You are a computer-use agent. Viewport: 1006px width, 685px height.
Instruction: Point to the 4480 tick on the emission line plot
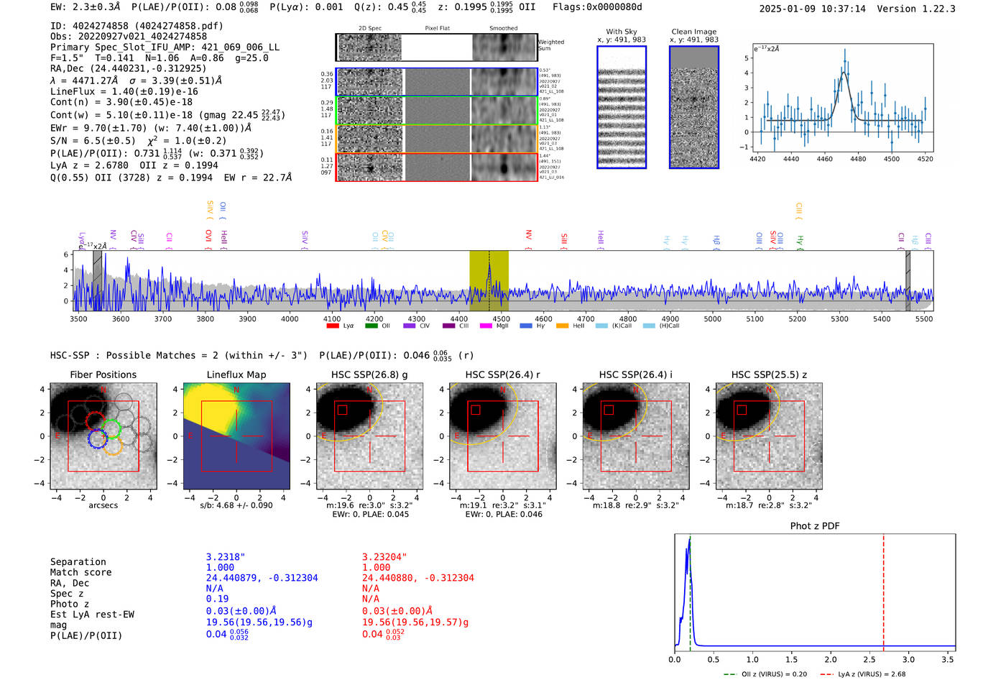pyautogui.click(x=858, y=159)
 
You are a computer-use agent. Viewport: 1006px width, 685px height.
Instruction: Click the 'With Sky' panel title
pyautogui.click(x=621, y=32)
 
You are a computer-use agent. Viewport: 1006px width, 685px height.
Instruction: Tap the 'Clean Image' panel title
pyautogui.click(x=693, y=32)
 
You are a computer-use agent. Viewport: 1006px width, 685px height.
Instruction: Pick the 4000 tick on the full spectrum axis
pyautogui.click(x=290, y=319)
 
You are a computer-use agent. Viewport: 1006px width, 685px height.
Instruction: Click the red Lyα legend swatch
pyautogui.click(x=332, y=326)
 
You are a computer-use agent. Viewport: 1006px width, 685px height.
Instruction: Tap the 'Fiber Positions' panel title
pyautogui.click(x=103, y=374)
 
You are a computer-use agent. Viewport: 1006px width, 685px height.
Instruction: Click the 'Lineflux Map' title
pyautogui.click(x=236, y=374)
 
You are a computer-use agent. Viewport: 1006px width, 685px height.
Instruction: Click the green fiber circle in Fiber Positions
pyautogui.click(x=111, y=429)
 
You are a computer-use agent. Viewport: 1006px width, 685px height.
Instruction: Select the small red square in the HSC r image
pyautogui.click(x=476, y=410)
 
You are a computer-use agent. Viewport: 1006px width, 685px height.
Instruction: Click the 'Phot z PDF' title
pyautogui.click(x=814, y=526)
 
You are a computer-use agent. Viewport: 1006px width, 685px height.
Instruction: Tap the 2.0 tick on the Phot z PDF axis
pyautogui.click(x=830, y=659)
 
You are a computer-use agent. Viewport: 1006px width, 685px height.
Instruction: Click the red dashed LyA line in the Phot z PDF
pyautogui.click(x=883, y=589)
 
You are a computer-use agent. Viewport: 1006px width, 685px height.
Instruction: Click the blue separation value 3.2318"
pyautogui.click(x=226, y=557)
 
